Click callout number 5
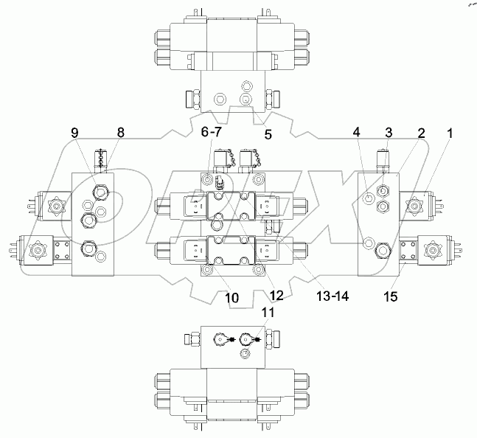(268, 134)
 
